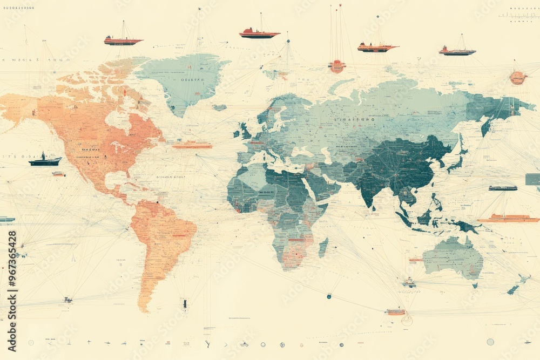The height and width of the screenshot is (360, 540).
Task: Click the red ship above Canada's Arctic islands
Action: click(123, 40)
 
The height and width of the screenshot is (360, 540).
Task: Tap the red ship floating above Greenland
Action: click(259, 33)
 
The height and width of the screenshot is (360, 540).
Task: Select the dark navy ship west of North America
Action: click(45, 161)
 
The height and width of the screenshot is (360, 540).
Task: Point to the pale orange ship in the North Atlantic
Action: click(192, 145)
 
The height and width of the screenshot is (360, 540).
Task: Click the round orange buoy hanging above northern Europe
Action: click(336, 66)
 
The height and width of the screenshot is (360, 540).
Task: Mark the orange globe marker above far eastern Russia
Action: click(517, 78)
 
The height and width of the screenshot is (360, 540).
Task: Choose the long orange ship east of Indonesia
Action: click(508, 219)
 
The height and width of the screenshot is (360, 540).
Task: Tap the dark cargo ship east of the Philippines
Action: click(503, 188)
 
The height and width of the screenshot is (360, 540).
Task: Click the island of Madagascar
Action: click(323, 248)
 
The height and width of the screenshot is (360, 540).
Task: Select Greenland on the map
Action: click(184, 78)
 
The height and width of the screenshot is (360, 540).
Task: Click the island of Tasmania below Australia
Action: click(475, 285)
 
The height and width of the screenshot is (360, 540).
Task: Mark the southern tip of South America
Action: click(145, 308)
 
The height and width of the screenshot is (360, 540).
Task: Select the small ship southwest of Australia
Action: click(409, 282)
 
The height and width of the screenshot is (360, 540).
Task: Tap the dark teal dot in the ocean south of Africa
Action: click(328, 296)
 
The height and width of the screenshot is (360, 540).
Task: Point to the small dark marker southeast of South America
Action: click(185, 304)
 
